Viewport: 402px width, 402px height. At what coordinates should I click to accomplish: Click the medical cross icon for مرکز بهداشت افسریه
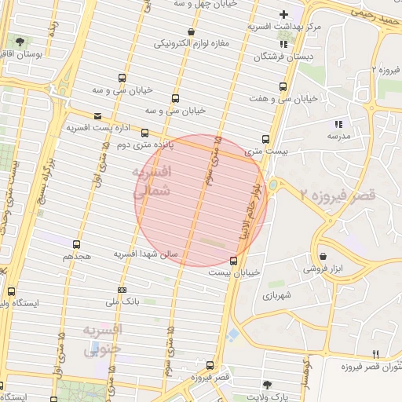coord(283,14)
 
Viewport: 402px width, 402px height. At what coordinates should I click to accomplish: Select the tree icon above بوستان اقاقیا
coord(19,41)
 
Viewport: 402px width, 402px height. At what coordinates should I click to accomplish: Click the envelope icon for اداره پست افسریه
coord(97,115)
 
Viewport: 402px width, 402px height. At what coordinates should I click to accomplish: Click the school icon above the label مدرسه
coord(338,123)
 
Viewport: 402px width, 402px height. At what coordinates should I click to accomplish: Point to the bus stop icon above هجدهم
coord(76,244)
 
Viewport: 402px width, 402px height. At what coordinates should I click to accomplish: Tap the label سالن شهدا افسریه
coord(148,254)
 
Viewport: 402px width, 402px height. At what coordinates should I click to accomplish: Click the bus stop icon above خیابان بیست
coord(233,261)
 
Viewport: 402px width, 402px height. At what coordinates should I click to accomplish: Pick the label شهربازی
coord(277,295)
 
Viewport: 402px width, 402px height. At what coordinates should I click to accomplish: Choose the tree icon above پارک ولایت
coord(268,385)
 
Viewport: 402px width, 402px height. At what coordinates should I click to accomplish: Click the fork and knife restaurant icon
coord(375,354)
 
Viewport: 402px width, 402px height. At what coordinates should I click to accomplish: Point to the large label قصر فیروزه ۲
coord(343,194)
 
